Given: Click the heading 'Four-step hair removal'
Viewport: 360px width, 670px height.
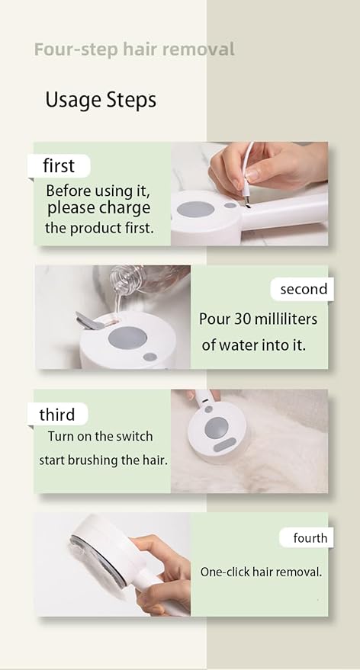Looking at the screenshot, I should [134, 50].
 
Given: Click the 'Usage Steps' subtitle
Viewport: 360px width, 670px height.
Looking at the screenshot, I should [101, 100].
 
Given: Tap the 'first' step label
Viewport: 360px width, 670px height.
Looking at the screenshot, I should [59, 166].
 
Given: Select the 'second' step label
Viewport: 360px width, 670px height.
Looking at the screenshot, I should [303, 289].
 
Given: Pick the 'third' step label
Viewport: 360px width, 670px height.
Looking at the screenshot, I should [57, 415].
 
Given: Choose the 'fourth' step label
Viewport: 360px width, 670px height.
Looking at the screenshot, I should [310, 538].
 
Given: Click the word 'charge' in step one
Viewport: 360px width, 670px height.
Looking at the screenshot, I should [124, 208].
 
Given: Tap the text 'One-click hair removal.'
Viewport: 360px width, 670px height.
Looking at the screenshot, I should [261, 572].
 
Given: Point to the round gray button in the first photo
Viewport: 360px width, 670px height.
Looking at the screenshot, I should [195, 210].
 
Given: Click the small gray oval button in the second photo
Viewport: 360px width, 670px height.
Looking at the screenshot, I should [150, 357].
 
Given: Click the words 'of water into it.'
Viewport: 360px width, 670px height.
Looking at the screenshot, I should [253, 345].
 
